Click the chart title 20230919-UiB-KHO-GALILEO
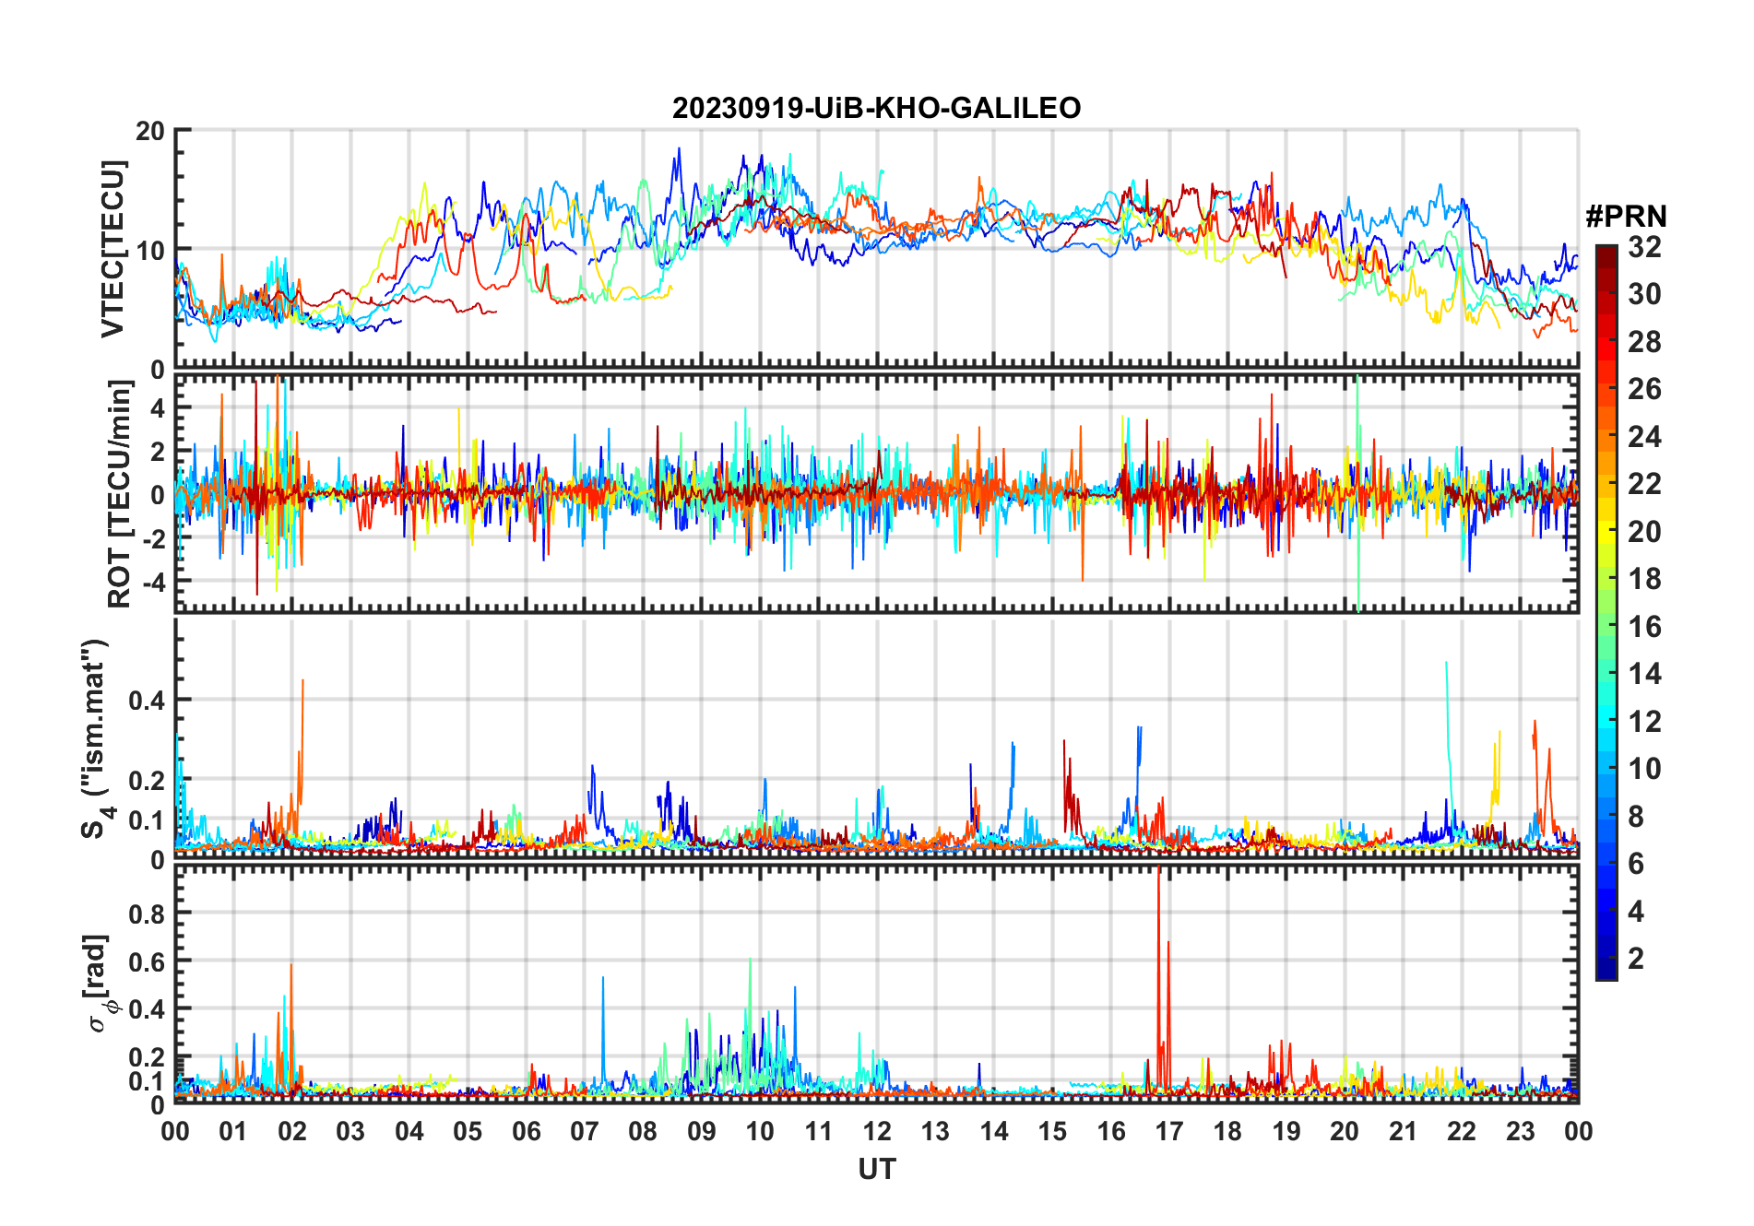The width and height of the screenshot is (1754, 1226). point(876,109)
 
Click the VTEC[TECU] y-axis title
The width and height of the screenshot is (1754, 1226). point(113,249)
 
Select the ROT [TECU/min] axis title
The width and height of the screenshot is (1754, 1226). point(119,494)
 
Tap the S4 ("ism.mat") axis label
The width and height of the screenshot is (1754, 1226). point(96,738)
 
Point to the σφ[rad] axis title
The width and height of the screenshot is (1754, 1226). point(100,984)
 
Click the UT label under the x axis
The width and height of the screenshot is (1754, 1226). point(876,1170)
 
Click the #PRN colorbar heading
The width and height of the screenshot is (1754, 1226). point(1626,217)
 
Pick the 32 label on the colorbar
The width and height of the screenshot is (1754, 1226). point(1644,247)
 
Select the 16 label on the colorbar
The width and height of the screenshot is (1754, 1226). point(1644,627)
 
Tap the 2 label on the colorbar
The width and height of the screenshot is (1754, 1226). point(1636,959)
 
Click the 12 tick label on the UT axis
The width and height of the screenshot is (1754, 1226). point(876,1132)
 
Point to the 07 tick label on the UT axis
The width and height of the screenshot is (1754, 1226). point(584,1132)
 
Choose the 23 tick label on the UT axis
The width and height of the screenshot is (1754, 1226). point(1520,1132)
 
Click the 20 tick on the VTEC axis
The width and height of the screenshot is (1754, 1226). point(150,132)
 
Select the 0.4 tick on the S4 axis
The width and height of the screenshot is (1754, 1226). point(146,701)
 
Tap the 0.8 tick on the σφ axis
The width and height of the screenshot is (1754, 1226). point(146,914)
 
